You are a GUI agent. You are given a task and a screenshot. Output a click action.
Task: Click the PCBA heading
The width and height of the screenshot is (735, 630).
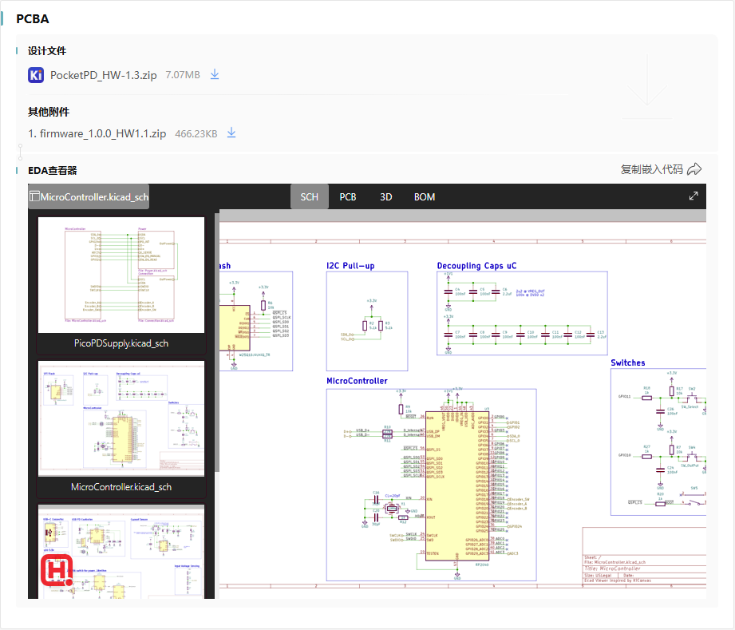pos(32,18)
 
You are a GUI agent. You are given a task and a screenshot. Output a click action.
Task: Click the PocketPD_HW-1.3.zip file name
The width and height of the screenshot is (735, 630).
pos(104,75)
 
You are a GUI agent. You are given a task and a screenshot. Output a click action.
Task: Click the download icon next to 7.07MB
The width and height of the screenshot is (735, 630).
pos(214,74)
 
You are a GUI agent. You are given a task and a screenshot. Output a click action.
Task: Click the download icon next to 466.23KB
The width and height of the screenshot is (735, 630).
pos(231,133)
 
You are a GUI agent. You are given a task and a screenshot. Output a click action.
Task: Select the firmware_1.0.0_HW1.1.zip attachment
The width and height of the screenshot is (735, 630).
pos(97,133)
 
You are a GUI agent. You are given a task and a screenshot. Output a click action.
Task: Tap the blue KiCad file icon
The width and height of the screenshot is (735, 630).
pos(36,75)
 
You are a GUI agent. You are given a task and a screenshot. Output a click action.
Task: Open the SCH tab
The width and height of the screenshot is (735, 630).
pos(309,196)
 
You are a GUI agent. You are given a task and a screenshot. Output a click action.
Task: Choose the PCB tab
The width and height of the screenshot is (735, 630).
pos(348,196)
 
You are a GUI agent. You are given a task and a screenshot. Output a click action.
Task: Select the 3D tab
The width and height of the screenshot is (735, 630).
pos(386,196)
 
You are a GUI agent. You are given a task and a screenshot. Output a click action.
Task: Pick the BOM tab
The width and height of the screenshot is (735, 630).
pos(425,196)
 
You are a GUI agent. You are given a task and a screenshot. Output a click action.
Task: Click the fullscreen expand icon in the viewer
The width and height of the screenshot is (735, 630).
pos(694,196)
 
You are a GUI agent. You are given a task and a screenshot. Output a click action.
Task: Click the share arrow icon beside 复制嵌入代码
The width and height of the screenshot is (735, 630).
pos(694,169)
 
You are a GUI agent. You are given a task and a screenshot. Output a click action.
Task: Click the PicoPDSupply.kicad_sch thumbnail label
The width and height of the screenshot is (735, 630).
pos(121,343)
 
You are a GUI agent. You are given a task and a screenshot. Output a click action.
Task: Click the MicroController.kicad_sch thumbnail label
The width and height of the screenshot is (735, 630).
pos(121,486)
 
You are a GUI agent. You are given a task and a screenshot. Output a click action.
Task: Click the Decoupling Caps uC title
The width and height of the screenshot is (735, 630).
pos(476,266)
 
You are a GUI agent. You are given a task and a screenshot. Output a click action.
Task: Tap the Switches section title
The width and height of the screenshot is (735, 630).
pos(628,363)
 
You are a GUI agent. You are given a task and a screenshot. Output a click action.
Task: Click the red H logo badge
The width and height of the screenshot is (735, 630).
pos(57,571)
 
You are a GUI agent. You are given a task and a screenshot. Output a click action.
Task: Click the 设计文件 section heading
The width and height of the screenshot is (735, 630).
pos(46,50)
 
